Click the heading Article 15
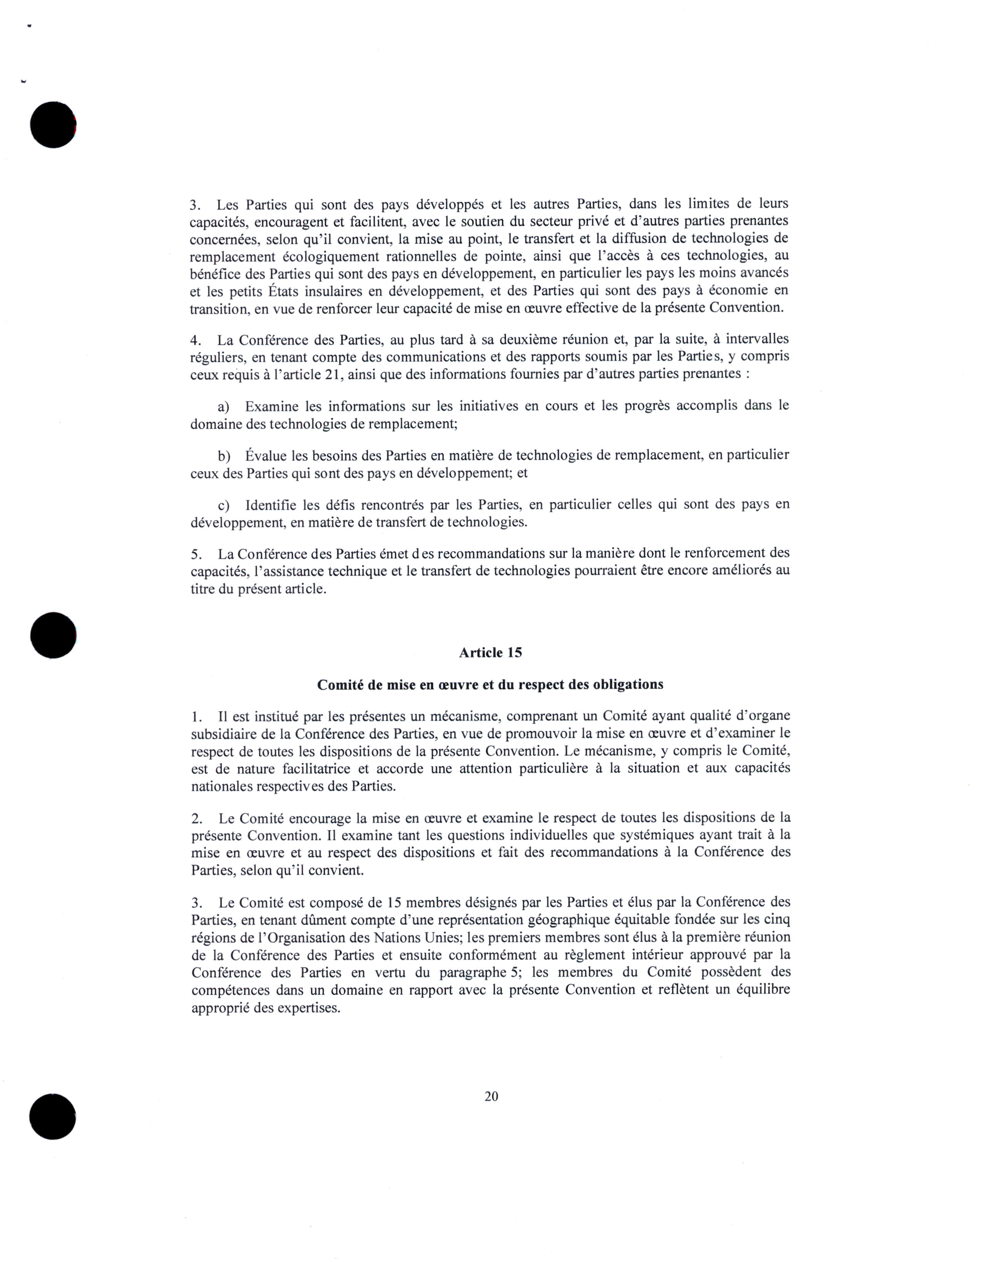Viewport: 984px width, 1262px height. point(490,653)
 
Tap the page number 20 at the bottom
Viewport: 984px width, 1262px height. point(492,1096)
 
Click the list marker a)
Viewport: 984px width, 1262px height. point(224,406)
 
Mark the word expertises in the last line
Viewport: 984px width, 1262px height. point(308,1008)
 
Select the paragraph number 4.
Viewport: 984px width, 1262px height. point(195,340)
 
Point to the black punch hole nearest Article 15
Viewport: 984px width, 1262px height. point(53,635)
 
